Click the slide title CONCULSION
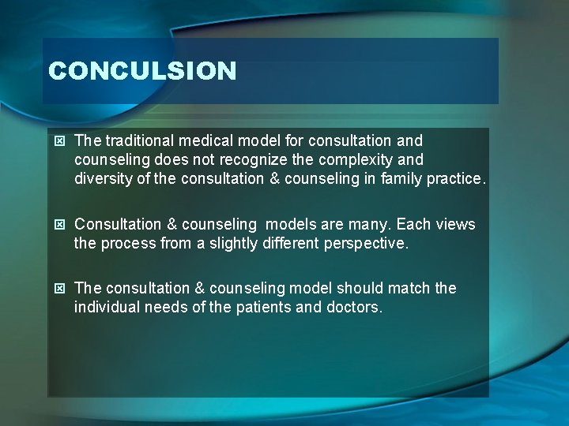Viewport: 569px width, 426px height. [142, 71]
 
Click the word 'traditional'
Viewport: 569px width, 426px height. [140, 140]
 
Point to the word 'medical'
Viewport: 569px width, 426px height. [208, 140]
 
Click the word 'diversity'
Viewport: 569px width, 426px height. [104, 178]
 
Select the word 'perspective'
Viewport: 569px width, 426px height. [366, 244]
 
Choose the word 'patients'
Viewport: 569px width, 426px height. [264, 308]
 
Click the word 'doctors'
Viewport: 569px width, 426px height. [353, 308]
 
